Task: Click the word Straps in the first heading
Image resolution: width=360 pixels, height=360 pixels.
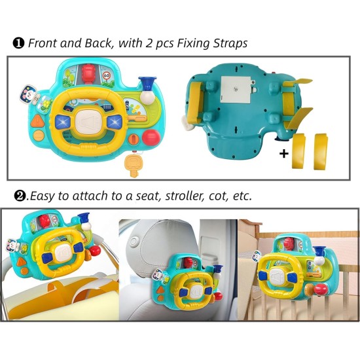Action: [230, 44]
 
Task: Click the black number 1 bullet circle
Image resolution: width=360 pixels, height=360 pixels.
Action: [18, 43]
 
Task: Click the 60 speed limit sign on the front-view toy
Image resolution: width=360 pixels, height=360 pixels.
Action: [106, 75]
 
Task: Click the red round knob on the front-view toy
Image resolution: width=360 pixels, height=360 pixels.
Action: [151, 137]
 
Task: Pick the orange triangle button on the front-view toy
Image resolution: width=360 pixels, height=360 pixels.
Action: [37, 121]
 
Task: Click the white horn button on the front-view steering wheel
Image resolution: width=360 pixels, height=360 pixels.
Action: [89, 121]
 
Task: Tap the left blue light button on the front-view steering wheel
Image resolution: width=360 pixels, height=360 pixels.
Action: [63, 122]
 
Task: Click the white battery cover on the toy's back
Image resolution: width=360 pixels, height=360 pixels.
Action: [236, 90]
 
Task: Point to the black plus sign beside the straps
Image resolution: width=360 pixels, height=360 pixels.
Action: [284, 154]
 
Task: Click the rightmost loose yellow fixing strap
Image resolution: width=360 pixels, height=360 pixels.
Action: [321, 152]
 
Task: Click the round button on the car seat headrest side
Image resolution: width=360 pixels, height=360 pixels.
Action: [133, 242]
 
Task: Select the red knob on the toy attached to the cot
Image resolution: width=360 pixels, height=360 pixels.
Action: [321, 289]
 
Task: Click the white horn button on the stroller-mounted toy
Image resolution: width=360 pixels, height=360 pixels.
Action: [62, 253]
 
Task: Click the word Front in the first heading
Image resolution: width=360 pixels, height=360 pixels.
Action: [43, 43]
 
